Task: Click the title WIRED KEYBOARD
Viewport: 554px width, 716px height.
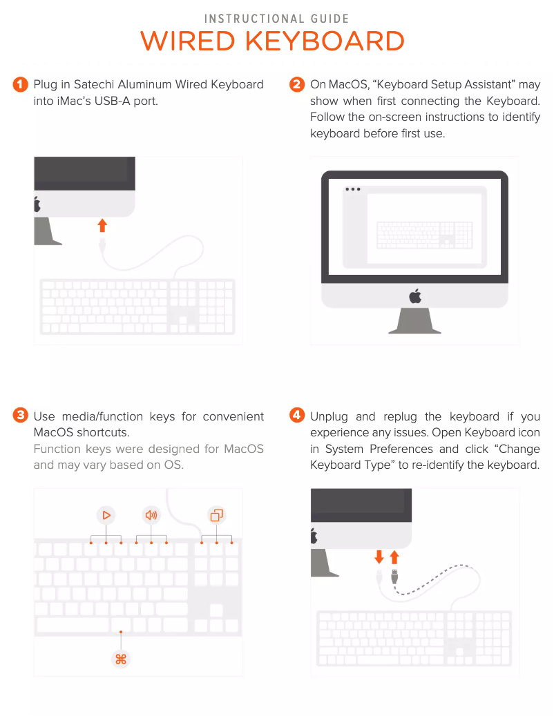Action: coord(272,41)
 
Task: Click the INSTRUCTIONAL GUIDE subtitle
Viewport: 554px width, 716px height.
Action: coord(276,19)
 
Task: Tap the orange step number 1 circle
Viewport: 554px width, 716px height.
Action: coord(20,84)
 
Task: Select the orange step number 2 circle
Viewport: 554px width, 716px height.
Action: coord(297,84)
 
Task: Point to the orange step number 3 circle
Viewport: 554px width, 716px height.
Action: coord(20,415)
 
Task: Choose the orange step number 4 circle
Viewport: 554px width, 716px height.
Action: coord(297,415)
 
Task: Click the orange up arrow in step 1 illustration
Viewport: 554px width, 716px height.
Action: coord(102,225)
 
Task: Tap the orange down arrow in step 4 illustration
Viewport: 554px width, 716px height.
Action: coord(379,557)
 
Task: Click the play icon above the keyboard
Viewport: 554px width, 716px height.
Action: coord(106,515)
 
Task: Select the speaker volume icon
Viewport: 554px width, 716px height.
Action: coord(151,515)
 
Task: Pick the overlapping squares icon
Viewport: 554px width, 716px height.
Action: coord(216,515)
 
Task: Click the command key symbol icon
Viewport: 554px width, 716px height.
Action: coord(121,659)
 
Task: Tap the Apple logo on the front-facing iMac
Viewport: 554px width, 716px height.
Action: coord(415,296)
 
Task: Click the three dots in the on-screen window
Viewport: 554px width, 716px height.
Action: coord(352,189)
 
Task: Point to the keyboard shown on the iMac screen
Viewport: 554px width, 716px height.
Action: coord(424,235)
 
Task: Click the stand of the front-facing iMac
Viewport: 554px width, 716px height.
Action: coord(414,320)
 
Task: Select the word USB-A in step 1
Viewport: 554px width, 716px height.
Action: coord(113,101)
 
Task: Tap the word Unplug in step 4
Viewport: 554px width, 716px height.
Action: coord(329,417)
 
